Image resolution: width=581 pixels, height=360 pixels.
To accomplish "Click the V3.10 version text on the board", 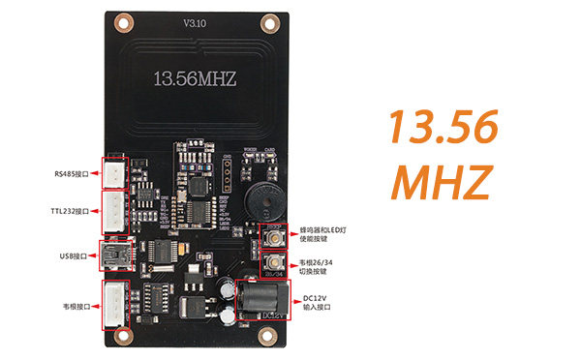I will [196, 21].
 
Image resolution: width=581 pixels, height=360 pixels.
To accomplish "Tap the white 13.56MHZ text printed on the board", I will [195, 76].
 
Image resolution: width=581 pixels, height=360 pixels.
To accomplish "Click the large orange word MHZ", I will [443, 180].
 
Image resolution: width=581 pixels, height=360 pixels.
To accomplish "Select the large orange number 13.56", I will [443, 128].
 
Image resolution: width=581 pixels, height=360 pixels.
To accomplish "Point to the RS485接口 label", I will [72, 174].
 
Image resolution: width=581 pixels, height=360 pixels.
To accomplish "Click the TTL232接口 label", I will [70, 211].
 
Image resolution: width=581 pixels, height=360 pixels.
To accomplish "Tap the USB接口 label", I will [73, 256].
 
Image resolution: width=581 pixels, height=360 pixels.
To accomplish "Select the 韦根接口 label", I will [73, 306].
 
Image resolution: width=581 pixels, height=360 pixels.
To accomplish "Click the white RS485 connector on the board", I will [115, 174].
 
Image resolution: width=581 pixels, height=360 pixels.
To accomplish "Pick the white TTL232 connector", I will [115, 210].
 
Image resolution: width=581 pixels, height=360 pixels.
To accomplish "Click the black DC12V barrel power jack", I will [254, 297].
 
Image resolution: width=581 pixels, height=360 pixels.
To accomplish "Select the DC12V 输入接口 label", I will [318, 301].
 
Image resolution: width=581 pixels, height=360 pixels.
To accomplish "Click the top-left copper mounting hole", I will [122, 21].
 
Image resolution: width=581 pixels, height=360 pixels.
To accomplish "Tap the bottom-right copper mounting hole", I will [264, 336].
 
